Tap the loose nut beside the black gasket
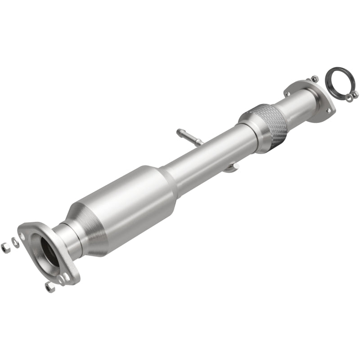(355, 94)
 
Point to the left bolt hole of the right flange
(288, 93)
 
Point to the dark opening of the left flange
(50, 252)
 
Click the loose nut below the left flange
(49, 287)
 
